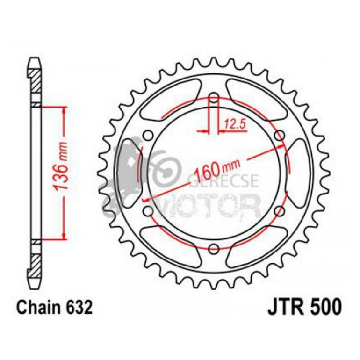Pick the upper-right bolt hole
[x=280, y=136]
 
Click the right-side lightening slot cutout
[x=300, y=173]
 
